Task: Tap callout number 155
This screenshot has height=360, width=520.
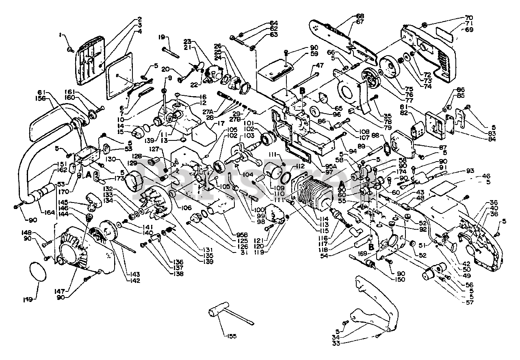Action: [x=230, y=336]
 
